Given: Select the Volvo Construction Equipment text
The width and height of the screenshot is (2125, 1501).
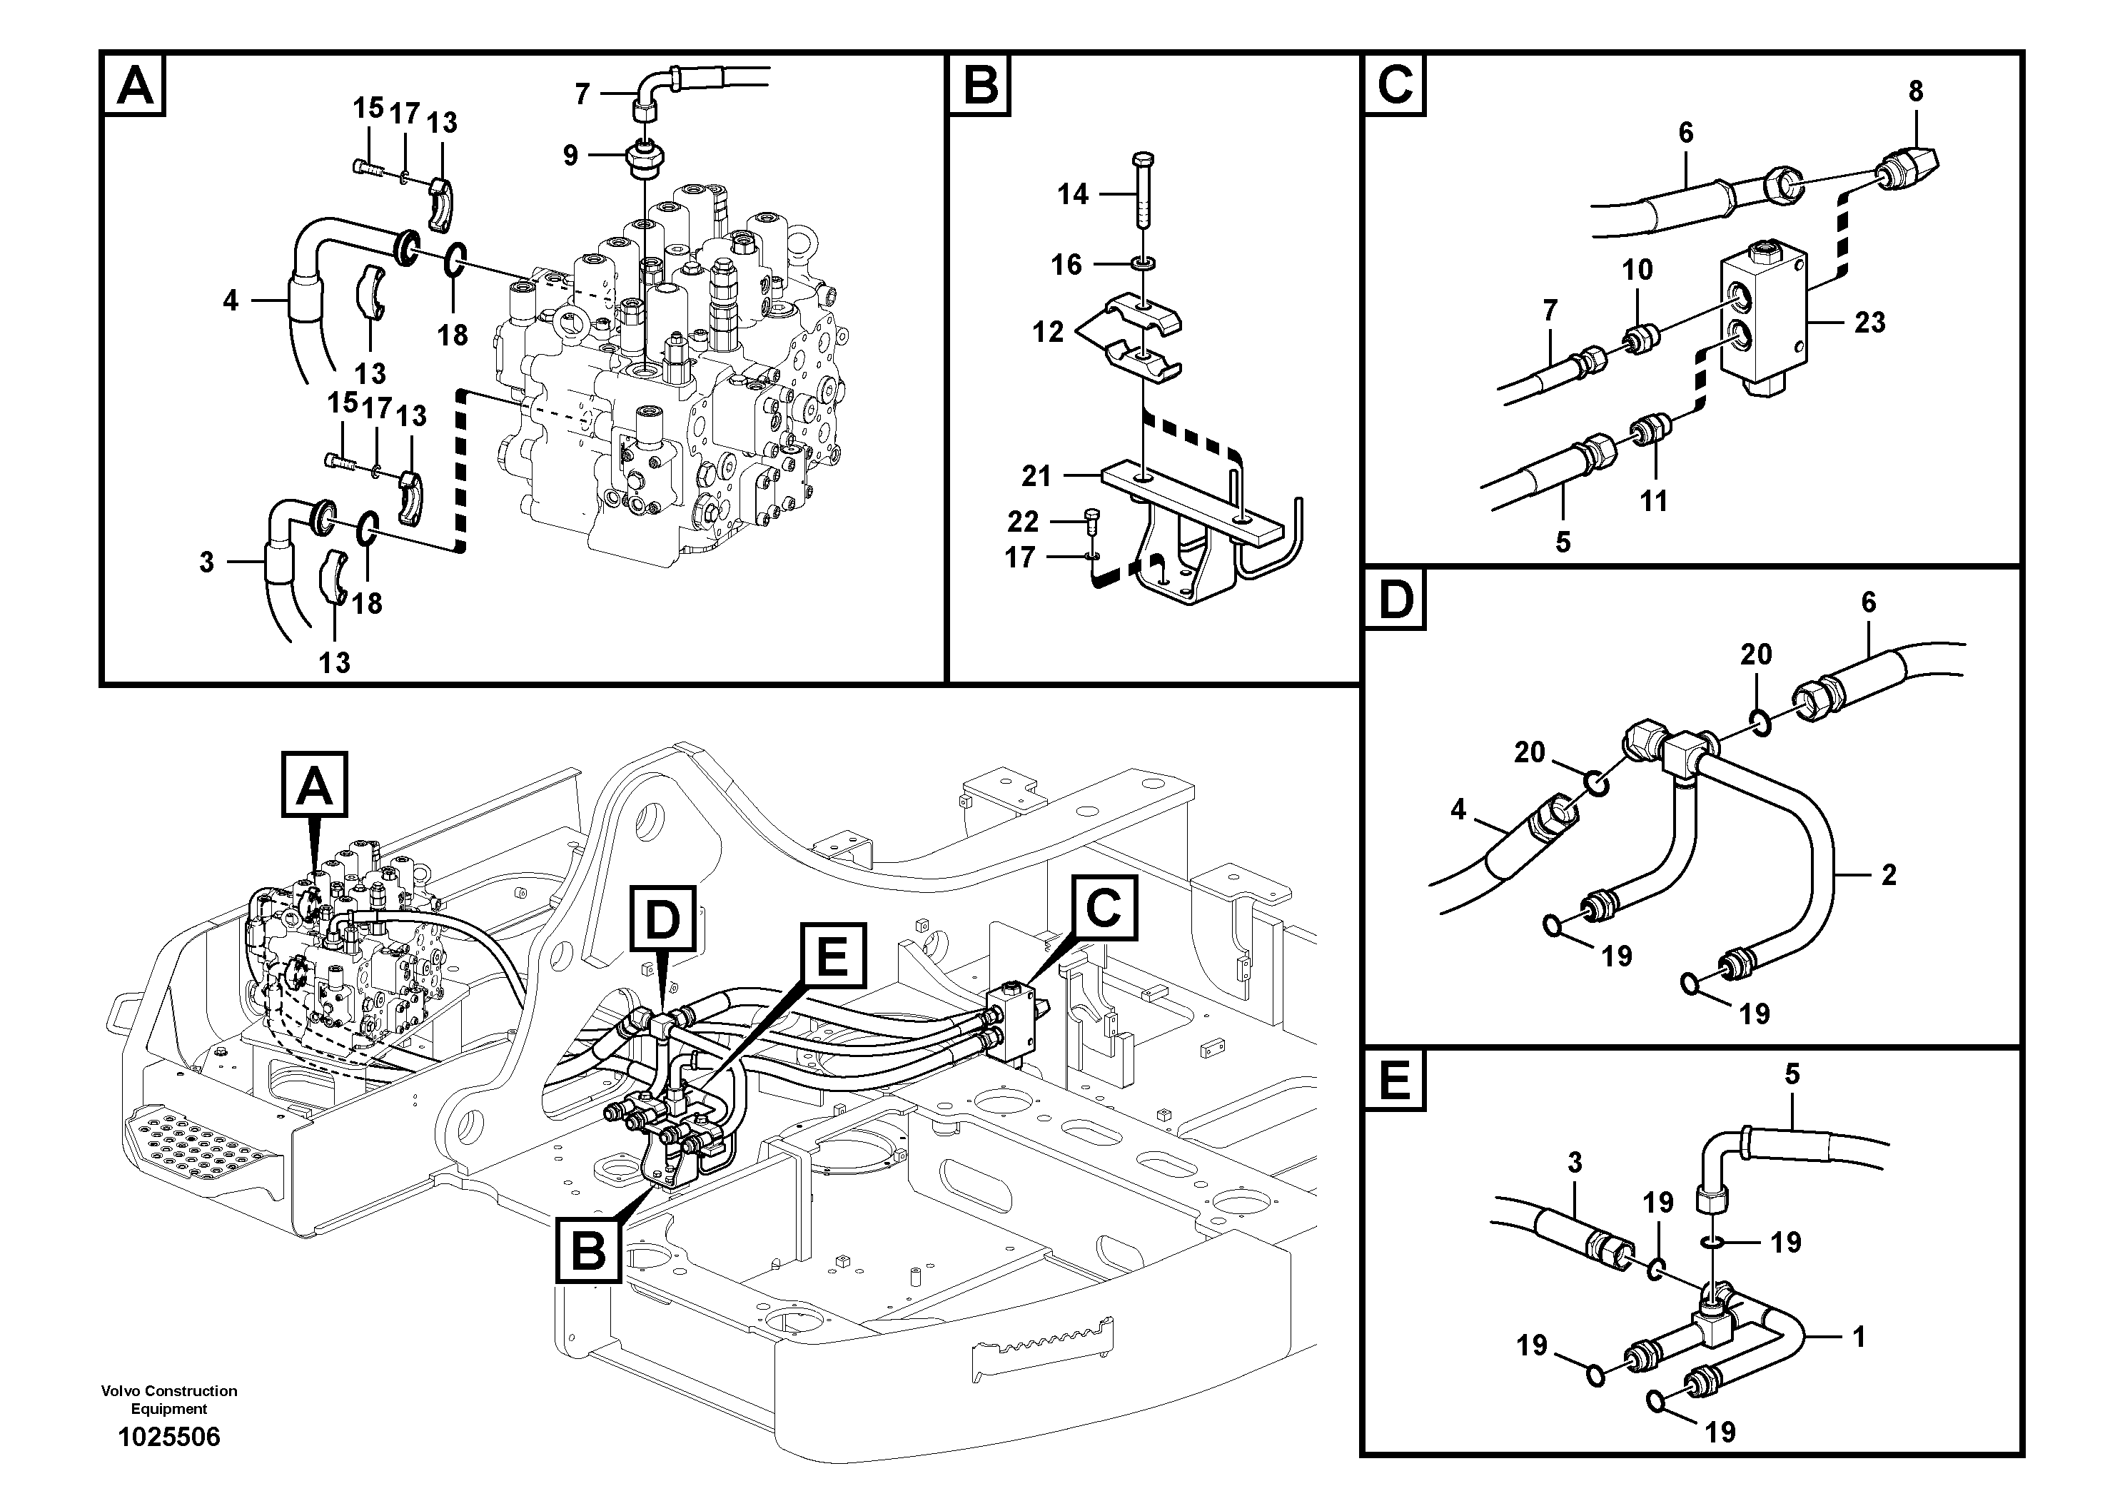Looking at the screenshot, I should coord(168,1399).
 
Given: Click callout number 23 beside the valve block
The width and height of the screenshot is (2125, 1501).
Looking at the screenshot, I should coord(1869,322).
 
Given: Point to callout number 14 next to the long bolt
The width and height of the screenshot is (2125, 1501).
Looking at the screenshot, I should coord(1073,194).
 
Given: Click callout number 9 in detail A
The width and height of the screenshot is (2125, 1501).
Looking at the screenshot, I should coord(570,155).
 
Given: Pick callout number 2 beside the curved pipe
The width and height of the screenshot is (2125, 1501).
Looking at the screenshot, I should coord(1889,874).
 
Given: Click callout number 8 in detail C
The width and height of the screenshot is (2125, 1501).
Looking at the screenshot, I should coord(1915,91).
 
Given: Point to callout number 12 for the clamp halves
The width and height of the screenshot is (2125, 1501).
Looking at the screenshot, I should coord(1048,331).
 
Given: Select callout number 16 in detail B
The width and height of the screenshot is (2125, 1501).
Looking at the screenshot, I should coord(1066,265).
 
